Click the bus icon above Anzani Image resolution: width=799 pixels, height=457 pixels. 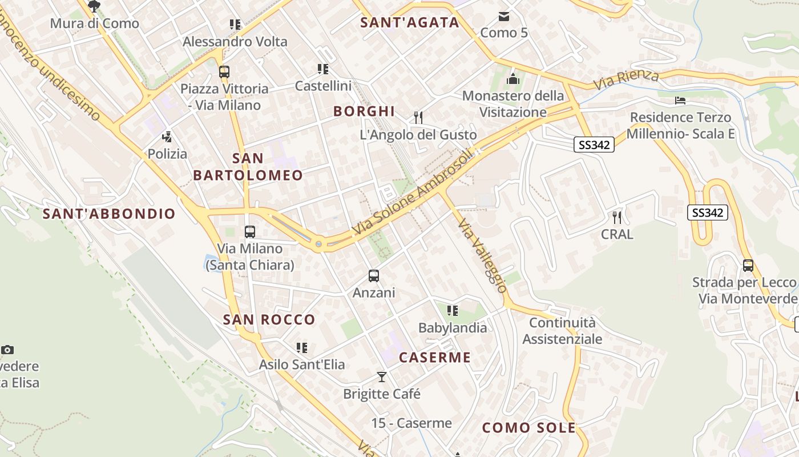click(x=374, y=276)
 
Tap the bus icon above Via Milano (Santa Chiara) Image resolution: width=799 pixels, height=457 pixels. click(x=250, y=232)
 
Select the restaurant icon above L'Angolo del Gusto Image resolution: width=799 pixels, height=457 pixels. click(x=418, y=118)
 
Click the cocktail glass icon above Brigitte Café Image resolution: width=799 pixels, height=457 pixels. click(x=382, y=377)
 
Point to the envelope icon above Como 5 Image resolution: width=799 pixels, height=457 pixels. click(x=504, y=16)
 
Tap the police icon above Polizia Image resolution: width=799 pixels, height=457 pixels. click(x=167, y=137)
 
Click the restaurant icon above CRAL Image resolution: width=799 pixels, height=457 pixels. click(x=616, y=217)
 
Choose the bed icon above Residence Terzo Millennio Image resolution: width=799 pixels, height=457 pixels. click(x=680, y=101)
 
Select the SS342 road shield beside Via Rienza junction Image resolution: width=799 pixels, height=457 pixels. click(x=594, y=145)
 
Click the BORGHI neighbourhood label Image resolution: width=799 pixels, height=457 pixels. click(x=364, y=111)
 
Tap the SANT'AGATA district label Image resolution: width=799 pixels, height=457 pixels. click(x=410, y=22)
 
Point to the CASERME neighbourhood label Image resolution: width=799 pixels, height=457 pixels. click(x=435, y=358)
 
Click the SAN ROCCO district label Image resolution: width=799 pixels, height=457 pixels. click(x=269, y=319)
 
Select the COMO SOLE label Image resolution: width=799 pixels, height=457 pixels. click(x=529, y=428)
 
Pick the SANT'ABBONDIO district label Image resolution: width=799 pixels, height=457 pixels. click(x=109, y=214)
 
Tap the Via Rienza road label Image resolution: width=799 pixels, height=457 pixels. click(x=626, y=79)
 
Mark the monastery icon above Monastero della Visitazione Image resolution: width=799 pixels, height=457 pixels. click(x=513, y=79)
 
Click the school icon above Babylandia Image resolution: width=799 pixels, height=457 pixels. click(x=453, y=311)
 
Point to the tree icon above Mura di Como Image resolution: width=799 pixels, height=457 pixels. click(x=94, y=6)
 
